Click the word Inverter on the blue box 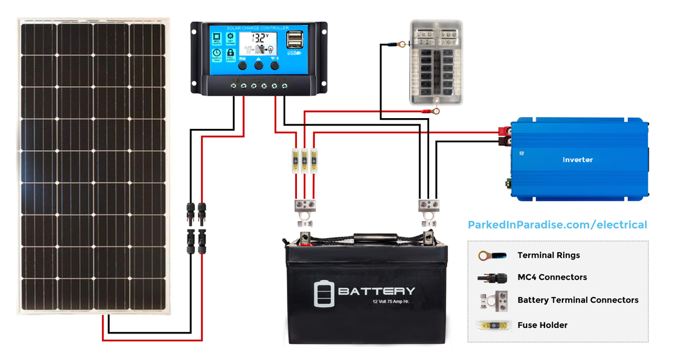[x=578, y=160]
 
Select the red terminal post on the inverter [x=504, y=133]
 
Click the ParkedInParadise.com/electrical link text [x=557, y=225]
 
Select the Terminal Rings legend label [x=548, y=255]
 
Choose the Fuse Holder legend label [x=542, y=325]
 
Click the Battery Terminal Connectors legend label [x=578, y=300]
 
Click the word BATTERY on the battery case [x=376, y=291]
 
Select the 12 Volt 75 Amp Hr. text [x=391, y=303]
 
